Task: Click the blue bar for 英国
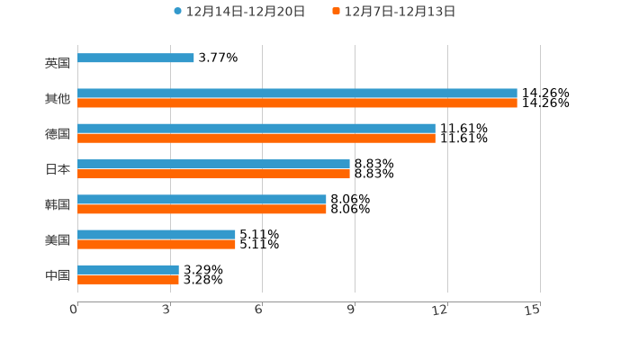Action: [136, 58]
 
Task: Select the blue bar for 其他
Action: [297, 94]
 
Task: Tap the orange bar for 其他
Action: [297, 103]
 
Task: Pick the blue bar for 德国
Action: [256, 129]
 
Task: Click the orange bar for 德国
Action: [256, 139]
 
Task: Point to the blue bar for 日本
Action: [213, 165]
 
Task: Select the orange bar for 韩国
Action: [202, 210]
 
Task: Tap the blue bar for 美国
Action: [157, 235]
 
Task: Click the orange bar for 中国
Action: [128, 280]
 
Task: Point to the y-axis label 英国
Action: [58, 64]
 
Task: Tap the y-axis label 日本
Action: [58, 169]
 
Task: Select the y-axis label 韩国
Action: [58, 204]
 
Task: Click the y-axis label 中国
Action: [58, 274]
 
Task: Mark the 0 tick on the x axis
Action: [75, 310]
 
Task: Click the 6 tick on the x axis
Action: [258, 310]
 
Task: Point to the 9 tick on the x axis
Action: [351, 310]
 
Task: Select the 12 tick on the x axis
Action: [440, 310]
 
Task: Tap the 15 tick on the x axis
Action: [533, 310]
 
